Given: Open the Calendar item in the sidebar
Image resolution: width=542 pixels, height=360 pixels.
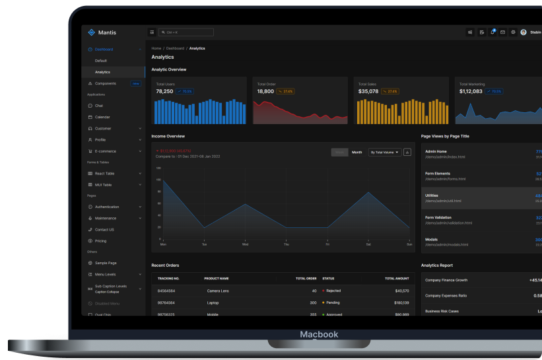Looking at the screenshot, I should (x=102, y=117).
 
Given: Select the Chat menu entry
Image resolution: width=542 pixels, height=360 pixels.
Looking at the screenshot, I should (x=99, y=106).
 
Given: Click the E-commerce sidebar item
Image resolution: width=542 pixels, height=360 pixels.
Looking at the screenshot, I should (x=106, y=151).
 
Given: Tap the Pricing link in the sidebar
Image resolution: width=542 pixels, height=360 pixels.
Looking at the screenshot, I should (x=100, y=240).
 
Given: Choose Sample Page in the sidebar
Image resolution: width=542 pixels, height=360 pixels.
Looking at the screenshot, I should (x=106, y=263).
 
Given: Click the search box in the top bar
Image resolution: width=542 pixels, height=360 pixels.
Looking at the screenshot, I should (x=186, y=32).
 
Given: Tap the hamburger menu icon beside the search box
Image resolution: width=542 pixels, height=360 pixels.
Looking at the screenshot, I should (x=152, y=32).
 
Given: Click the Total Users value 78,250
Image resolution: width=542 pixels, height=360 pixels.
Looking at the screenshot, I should (x=164, y=91).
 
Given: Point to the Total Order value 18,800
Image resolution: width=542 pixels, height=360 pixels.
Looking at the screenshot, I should (x=265, y=91).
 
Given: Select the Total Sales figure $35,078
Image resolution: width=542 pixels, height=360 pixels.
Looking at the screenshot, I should (x=368, y=91).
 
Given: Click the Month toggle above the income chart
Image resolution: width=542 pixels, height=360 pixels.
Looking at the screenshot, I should (x=356, y=152).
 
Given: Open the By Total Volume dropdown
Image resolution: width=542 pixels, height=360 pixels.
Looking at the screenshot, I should (x=385, y=152).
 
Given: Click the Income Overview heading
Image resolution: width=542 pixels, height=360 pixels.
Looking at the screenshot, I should (x=168, y=136).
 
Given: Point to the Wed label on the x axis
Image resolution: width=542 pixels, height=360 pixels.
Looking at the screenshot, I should (x=245, y=244).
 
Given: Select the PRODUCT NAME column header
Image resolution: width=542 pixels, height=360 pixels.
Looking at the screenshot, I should (x=217, y=278).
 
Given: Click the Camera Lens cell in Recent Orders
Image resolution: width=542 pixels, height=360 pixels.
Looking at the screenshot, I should (x=218, y=291).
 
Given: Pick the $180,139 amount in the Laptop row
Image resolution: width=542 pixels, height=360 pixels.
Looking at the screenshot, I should (x=401, y=303).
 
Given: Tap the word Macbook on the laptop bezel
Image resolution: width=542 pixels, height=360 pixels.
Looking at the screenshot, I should (x=319, y=334).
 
